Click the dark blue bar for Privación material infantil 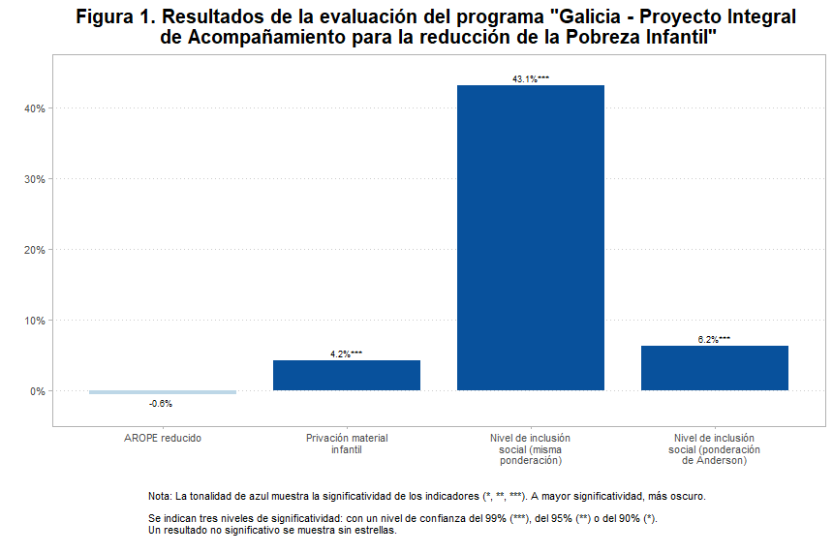[347, 375]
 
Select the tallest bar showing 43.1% [531, 237]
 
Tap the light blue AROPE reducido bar [163, 392]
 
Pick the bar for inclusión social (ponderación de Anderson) [715, 368]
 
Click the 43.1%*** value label [531, 79]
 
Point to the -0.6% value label [161, 403]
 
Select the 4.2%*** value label [347, 354]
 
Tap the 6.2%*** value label [715, 340]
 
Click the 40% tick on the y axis [36, 108]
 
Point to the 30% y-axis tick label [36, 179]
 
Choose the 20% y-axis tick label [36, 250]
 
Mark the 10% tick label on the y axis [36, 321]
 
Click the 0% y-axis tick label [39, 391]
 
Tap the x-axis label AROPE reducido [163, 439]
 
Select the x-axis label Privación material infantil [347, 444]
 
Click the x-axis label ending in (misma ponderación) [531, 449]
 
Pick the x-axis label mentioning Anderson [715, 449]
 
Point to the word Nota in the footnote [159, 496]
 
